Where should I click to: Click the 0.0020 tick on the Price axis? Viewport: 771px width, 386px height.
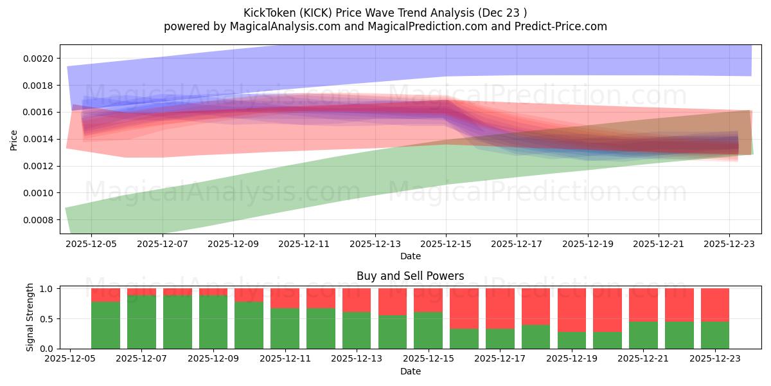(38, 59)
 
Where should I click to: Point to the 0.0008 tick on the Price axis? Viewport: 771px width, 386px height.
(38, 220)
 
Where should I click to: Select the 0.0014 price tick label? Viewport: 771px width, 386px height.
(38, 140)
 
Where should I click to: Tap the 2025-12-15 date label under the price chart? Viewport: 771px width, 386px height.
(446, 244)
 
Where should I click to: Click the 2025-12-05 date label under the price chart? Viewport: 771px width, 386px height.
(91, 244)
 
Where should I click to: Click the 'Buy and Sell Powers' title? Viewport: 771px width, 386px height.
(411, 276)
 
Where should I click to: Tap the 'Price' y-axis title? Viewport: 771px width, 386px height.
(14, 140)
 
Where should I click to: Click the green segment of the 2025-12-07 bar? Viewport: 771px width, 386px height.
(141, 322)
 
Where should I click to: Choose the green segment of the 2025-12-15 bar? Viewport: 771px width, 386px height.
(428, 330)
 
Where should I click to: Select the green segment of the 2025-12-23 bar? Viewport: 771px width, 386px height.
(715, 335)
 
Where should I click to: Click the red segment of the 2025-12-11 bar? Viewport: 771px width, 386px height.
(285, 298)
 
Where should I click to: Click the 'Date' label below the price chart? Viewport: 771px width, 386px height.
(411, 256)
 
